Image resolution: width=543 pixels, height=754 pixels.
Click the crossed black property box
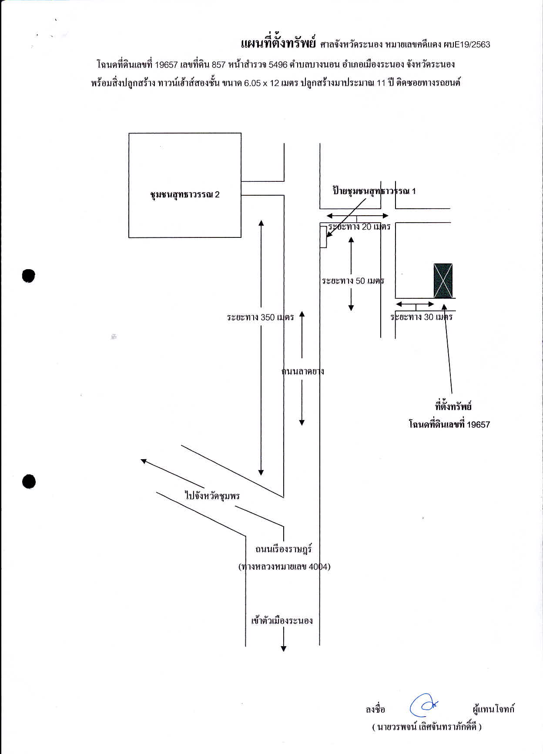[x=443, y=280]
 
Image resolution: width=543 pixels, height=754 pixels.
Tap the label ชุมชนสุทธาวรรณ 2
[x=184, y=195]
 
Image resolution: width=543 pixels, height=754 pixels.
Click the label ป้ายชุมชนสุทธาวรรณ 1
[x=374, y=191]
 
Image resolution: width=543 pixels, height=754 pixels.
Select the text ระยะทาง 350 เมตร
[x=260, y=317]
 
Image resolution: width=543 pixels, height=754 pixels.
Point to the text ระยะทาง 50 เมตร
[x=353, y=281]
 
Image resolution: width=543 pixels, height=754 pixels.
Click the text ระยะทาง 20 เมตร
[x=359, y=227]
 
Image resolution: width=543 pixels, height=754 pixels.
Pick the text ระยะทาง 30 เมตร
[x=421, y=317]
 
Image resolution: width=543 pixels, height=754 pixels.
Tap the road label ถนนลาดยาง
[x=303, y=371]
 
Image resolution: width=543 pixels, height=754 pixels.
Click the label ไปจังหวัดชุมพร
[x=212, y=496]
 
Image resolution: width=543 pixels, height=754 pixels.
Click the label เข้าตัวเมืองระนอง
[x=282, y=621]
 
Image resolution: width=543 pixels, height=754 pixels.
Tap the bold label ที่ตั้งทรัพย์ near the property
[x=453, y=407]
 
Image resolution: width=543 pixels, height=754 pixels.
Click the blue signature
[x=423, y=705]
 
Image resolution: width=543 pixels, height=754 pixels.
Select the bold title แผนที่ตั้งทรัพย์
[x=278, y=43]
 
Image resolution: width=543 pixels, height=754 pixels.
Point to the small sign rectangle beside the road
[x=323, y=237]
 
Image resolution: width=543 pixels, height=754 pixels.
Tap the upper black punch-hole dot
[x=28, y=276]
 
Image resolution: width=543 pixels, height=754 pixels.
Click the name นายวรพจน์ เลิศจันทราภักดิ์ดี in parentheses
[x=427, y=727]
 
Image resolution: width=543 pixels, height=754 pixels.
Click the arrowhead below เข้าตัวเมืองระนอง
[x=284, y=649]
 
